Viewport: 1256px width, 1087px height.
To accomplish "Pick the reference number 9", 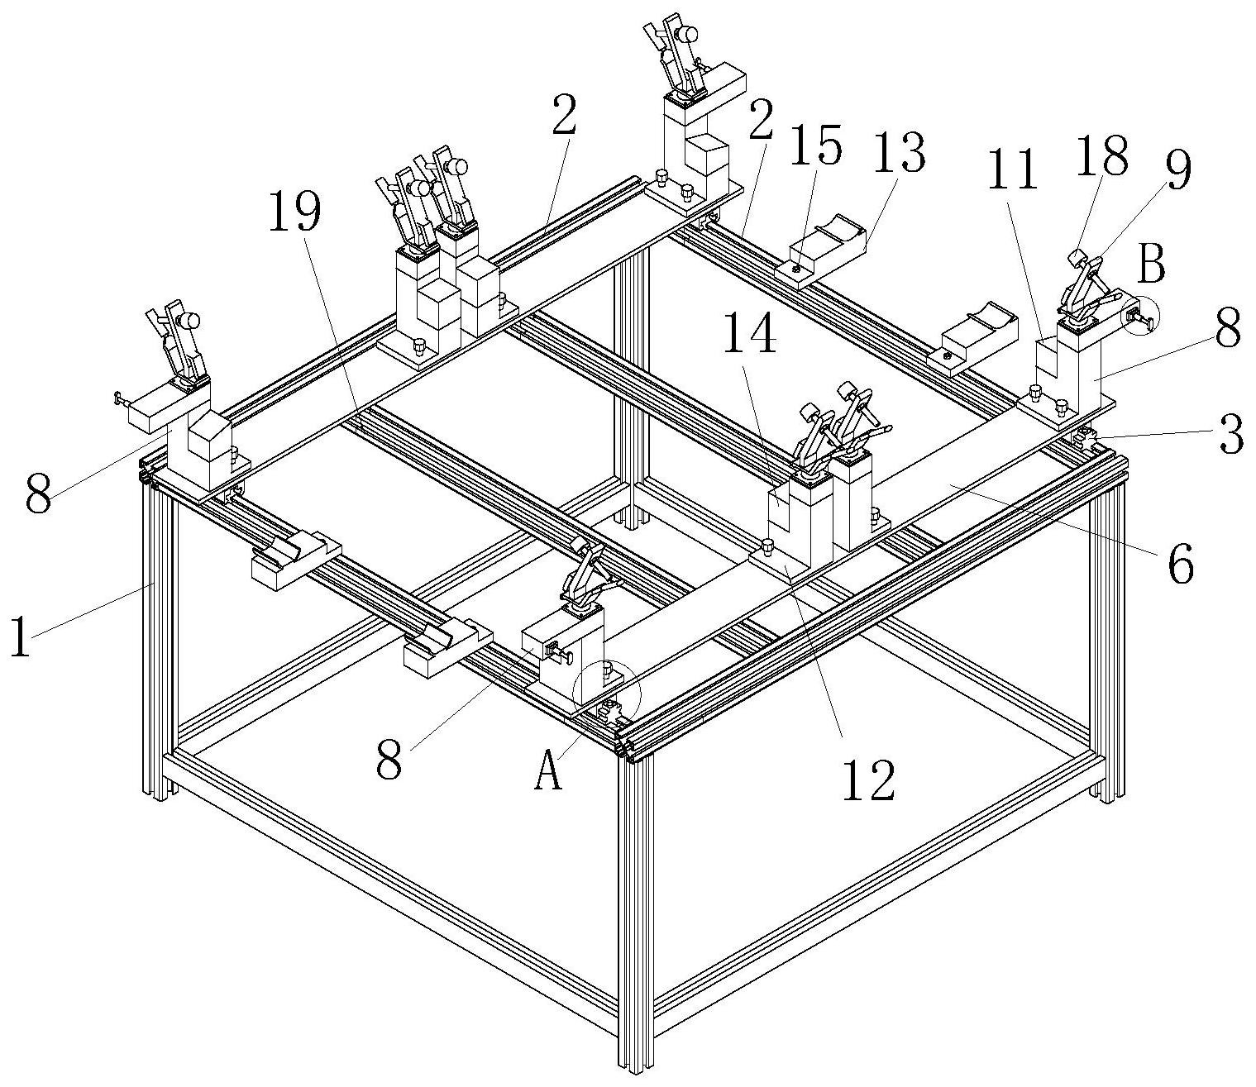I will click(x=1178, y=172).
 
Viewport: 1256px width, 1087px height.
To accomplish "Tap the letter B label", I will click(x=1151, y=265).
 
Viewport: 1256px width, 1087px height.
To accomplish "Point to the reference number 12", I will click(x=868, y=780).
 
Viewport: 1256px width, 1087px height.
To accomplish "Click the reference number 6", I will click(x=1180, y=566).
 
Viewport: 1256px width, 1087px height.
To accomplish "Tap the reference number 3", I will click(x=1231, y=436).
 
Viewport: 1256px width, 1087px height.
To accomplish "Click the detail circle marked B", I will click(x=1142, y=316).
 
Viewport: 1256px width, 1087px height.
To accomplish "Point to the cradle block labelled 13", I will click(x=827, y=249).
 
